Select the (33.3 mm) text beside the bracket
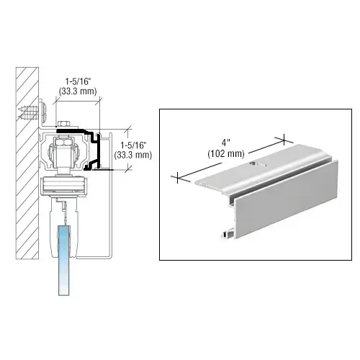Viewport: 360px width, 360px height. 133,153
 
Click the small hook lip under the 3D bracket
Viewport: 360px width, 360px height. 228,232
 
